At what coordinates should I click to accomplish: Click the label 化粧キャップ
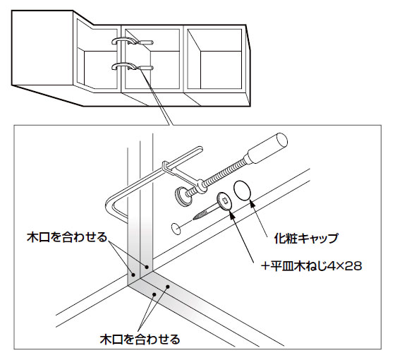(306, 239)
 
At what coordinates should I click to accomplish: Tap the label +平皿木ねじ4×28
(311, 266)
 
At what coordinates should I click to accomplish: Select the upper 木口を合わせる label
(67, 237)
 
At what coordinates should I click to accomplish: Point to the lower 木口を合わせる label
(140, 339)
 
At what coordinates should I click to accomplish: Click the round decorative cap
(243, 191)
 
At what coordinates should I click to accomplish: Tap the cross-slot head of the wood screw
(224, 201)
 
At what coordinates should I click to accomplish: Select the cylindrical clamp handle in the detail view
(267, 149)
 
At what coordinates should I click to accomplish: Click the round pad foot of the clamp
(181, 196)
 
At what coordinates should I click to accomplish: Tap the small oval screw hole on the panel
(176, 227)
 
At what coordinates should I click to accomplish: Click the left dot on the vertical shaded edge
(133, 275)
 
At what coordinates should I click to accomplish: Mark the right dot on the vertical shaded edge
(147, 267)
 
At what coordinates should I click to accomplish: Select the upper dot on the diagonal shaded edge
(168, 287)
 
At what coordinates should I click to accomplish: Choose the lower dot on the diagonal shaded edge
(154, 294)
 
